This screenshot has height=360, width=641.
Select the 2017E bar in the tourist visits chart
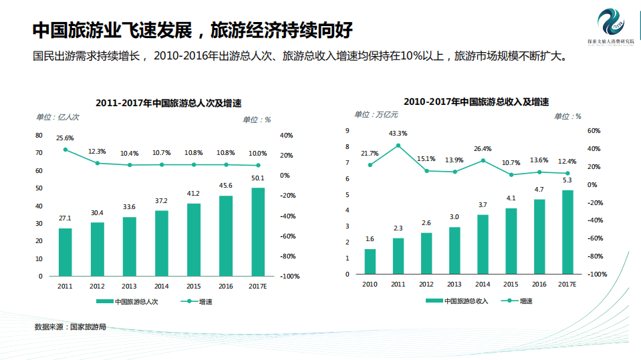[x=258, y=232]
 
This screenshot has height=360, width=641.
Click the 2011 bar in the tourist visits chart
[x=65, y=252]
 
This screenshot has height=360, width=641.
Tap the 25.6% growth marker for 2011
[x=66, y=150]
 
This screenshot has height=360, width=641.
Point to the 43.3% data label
[x=398, y=133]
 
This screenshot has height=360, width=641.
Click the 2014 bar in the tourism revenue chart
[x=483, y=244]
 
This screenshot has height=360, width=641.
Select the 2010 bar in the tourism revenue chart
[x=370, y=261]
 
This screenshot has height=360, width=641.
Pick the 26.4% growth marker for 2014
[x=483, y=160]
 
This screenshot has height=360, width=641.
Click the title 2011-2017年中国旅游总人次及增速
[x=168, y=104]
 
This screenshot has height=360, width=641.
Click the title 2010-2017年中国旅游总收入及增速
[x=476, y=102]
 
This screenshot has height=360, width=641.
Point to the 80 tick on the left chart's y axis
[x=39, y=136]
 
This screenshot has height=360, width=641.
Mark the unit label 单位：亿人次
[x=57, y=117]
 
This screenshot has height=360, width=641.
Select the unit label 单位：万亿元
[x=376, y=115]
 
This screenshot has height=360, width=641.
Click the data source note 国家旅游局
[x=70, y=327]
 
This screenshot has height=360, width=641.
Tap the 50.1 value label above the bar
[x=258, y=178]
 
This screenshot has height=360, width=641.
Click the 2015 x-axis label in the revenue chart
[x=511, y=284]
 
